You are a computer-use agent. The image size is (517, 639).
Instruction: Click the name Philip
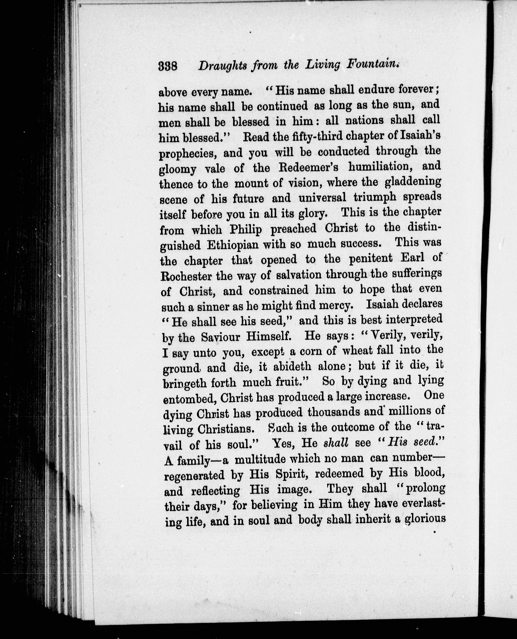[x=246, y=229]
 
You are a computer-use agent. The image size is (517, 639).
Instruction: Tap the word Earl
[x=412, y=258]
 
